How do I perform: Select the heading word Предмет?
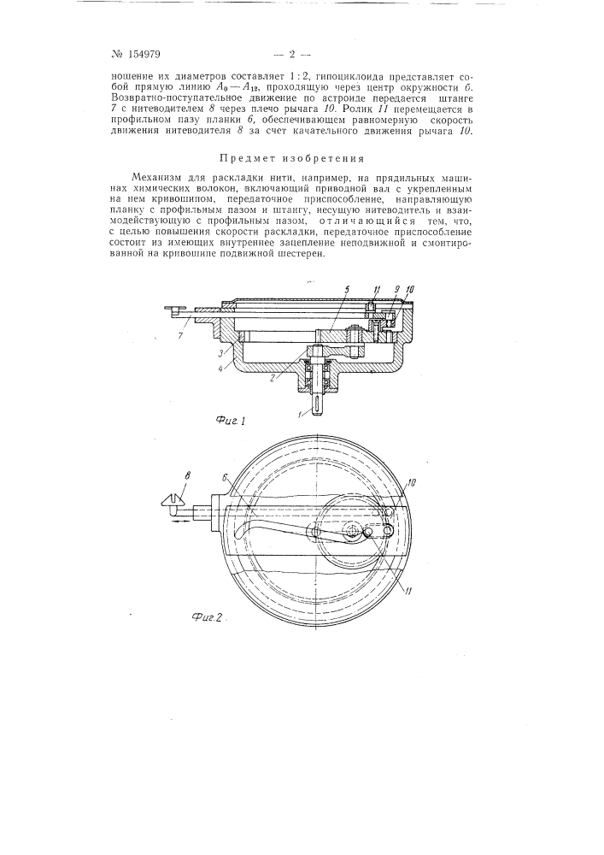(x=253, y=158)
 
